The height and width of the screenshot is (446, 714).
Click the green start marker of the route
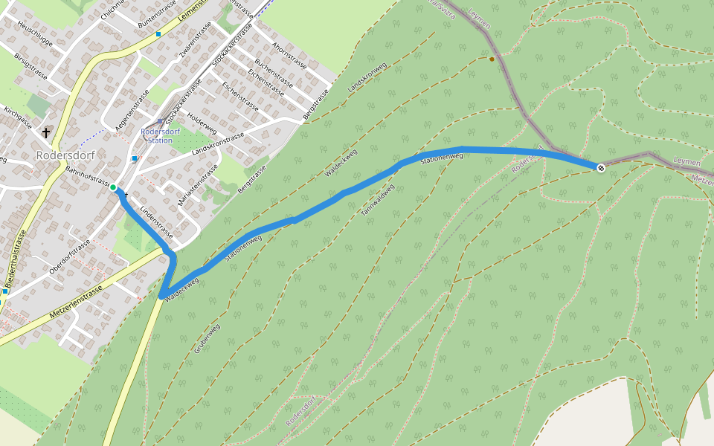coord(113,187)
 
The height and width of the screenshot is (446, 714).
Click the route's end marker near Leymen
coord(601,168)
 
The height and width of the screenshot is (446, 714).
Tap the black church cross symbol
coord(46,133)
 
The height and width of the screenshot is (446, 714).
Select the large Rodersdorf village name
coord(65,155)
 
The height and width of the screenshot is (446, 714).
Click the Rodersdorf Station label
coord(156,136)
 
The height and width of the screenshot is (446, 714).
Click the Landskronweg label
coord(367,77)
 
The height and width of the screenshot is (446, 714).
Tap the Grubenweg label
coord(208,338)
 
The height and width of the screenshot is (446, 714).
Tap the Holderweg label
coord(202,123)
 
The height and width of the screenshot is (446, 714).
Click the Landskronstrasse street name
coord(218,144)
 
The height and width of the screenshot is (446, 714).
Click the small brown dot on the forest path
coord(492,59)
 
